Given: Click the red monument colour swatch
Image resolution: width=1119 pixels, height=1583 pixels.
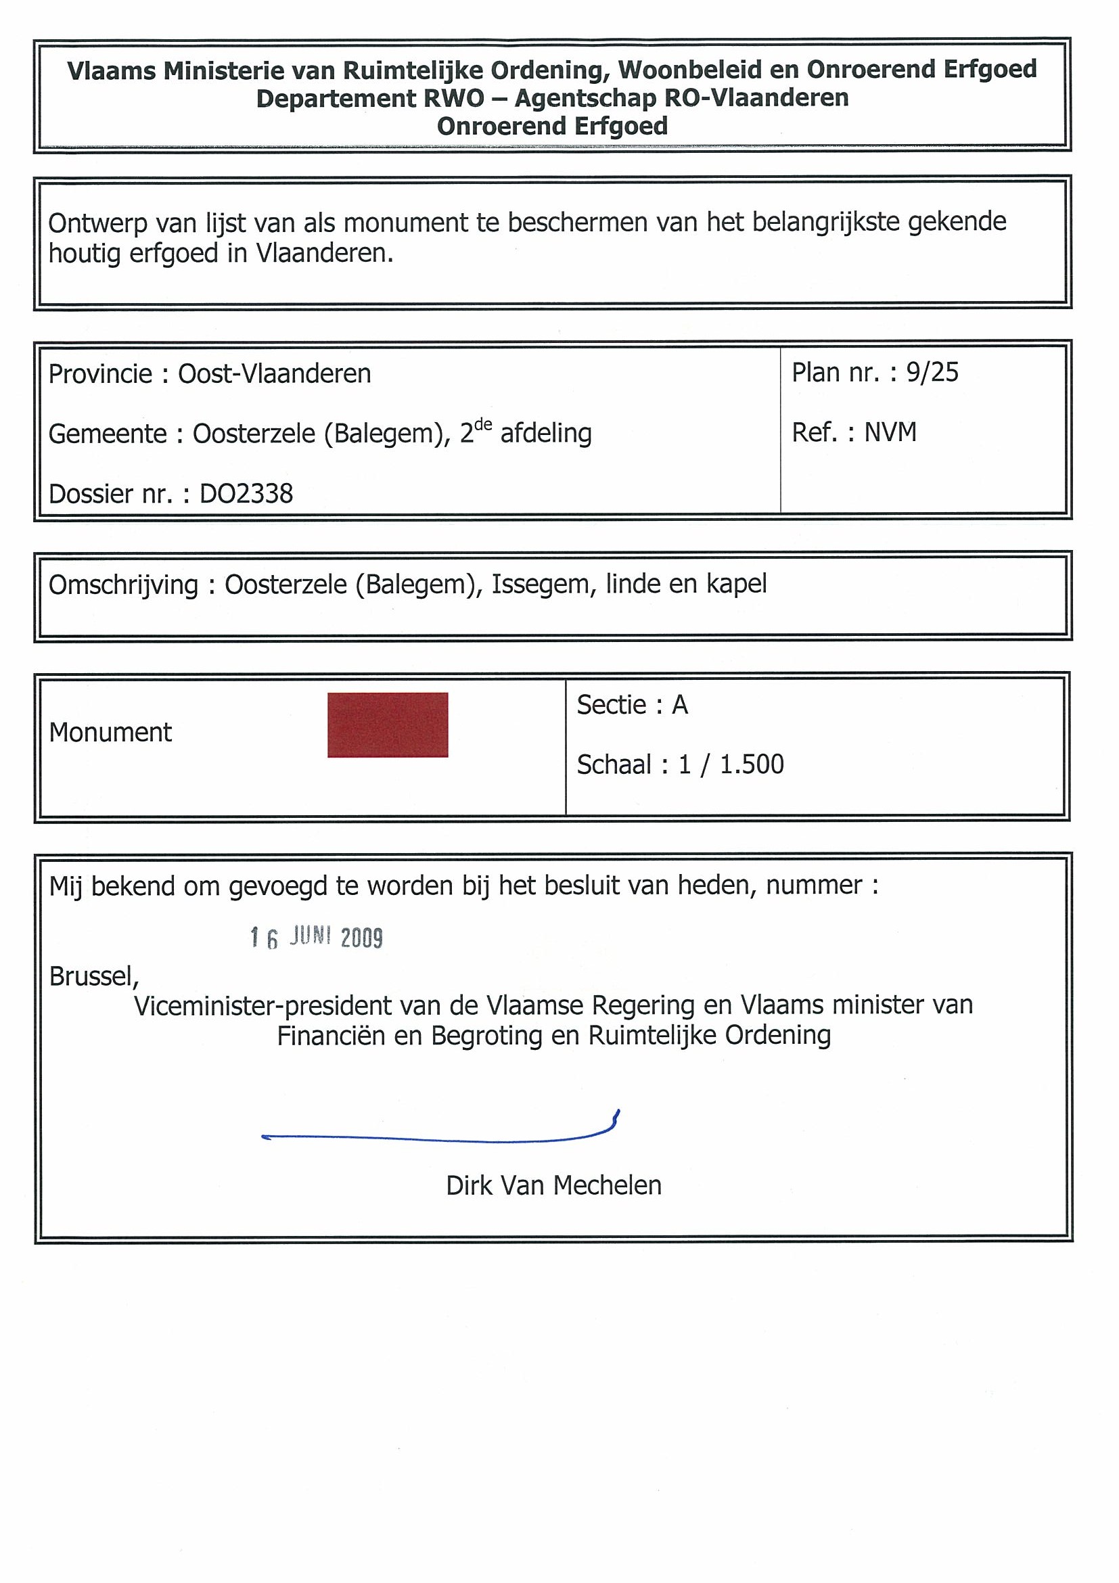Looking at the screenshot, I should (x=388, y=725).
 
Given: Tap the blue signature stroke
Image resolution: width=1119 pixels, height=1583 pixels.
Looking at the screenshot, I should (x=441, y=1139).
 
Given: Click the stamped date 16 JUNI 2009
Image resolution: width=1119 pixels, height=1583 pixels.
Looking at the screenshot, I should (x=317, y=938).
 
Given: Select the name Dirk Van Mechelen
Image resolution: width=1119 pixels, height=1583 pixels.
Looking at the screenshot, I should (x=553, y=1185).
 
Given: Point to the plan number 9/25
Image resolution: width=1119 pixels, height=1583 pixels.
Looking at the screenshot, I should (x=932, y=372).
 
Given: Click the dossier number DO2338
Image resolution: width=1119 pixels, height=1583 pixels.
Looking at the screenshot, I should (x=246, y=494).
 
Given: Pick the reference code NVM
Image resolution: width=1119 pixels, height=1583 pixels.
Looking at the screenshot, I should (x=890, y=432).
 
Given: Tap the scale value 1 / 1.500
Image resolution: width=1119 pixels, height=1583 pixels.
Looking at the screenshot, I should (x=731, y=764).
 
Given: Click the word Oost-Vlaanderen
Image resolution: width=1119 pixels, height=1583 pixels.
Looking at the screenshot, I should (x=275, y=373).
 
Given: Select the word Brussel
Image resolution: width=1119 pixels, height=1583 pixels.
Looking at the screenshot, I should (x=94, y=976).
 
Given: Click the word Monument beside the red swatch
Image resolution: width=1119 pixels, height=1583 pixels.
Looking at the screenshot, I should (x=110, y=732).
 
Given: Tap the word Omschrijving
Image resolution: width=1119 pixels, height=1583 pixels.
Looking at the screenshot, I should (x=122, y=584).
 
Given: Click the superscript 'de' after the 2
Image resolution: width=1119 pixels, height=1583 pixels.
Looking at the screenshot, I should (x=483, y=424).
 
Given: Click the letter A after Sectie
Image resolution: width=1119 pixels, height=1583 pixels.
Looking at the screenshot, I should (x=680, y=705).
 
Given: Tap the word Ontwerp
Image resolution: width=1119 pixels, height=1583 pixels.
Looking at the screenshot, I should (x=97, y=223).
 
